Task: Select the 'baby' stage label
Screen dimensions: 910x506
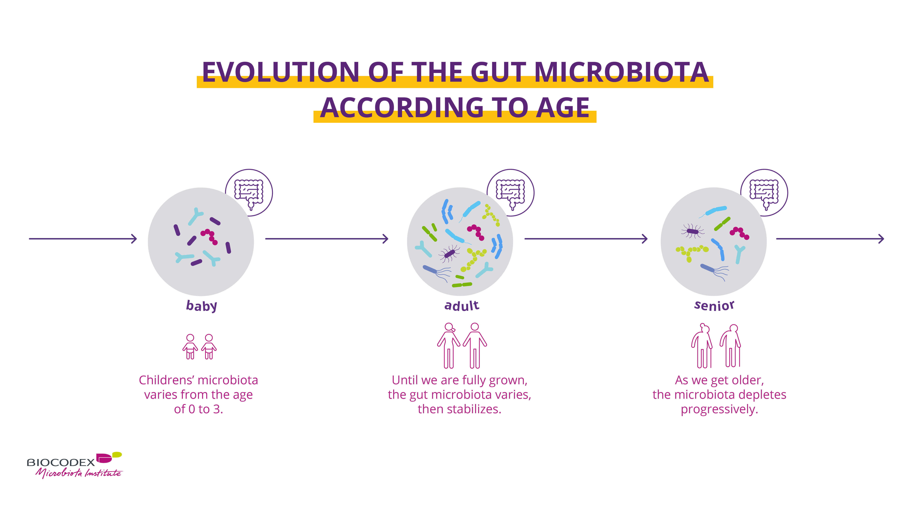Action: coord(201,306)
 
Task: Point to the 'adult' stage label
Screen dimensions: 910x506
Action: coord(462,305)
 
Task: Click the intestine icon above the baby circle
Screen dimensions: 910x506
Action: coord(249,193)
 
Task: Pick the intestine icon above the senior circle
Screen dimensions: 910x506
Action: coord(764,193)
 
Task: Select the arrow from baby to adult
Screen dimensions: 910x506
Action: coord(327,239)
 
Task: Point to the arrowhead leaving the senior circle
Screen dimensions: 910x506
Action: coord(881,239)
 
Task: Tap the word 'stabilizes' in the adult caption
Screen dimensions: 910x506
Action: coord(474,409)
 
